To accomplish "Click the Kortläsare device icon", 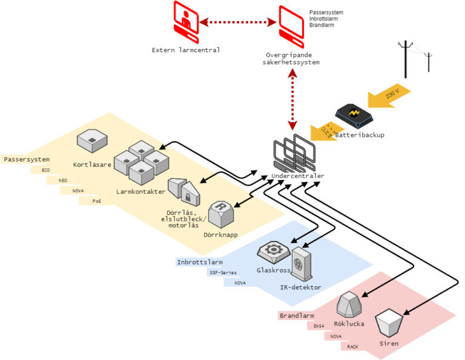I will click(x=93, y=143).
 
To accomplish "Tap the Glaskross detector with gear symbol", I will click(x=274, y=250).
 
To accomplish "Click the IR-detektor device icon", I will click(x=301, y=264).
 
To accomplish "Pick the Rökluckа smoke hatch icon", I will click(x=349, y=304).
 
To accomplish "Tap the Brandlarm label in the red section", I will click(x=296, y=316).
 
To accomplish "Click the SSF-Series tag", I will click(x=223, y=273).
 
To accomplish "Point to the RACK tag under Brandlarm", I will click(x=352, y=347).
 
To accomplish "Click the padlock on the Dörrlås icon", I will click(x=188, y=197).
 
